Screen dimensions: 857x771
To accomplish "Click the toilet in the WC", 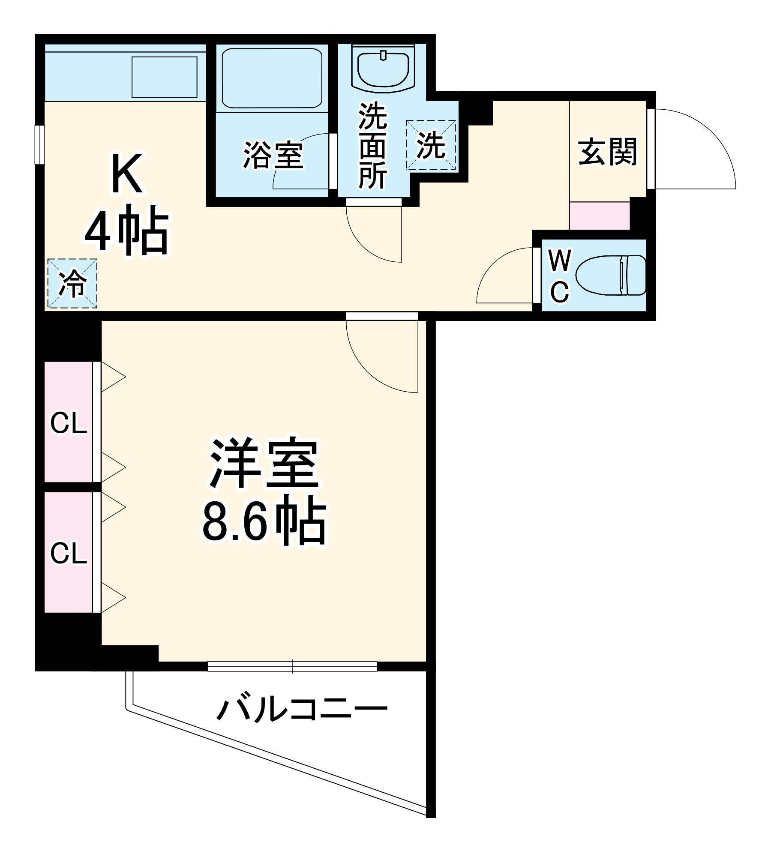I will pyautogui.click(x=610, y=275).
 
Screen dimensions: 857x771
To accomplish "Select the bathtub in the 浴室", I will pyautogui.click(x=272, y=78).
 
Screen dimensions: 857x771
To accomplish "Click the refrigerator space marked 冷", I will pyautogui.click(x=72, y=283).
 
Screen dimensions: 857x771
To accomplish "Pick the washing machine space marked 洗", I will pyautogui.click(x=431, y=145).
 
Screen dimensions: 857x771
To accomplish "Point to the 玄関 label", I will pyautogui.click(x=607, y=151).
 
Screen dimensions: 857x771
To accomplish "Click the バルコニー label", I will pyautogui.click(x=302, y=709).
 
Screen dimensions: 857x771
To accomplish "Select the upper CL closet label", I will pyautogui.click(x=69, y=423).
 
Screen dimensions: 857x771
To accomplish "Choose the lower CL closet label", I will pyautogui.click(x=69, y=553).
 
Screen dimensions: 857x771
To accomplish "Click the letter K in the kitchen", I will pyautogui.click(x=126, y=174).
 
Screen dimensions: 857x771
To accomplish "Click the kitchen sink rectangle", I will pyautogui.click(x=164, y=77).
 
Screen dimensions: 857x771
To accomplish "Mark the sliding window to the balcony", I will pyautogui.click(x=292, y=666).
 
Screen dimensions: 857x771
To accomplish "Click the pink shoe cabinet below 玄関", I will pyautogui.click(x=599, y=216).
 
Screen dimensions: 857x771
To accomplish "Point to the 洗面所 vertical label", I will pyautogui.click(x=372, y=146).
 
